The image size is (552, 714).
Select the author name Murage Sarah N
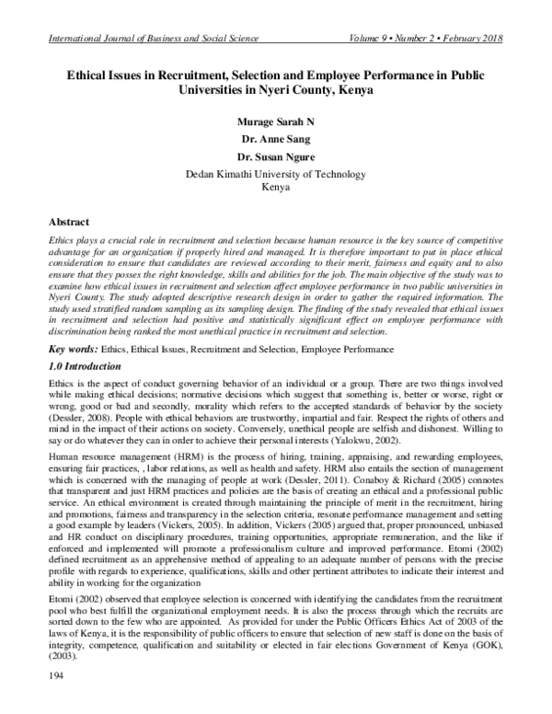(275, 121)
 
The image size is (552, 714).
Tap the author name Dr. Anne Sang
(275, 139)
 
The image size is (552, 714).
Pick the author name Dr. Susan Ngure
(275, 156)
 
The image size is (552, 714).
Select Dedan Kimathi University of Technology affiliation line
(275, 173)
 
